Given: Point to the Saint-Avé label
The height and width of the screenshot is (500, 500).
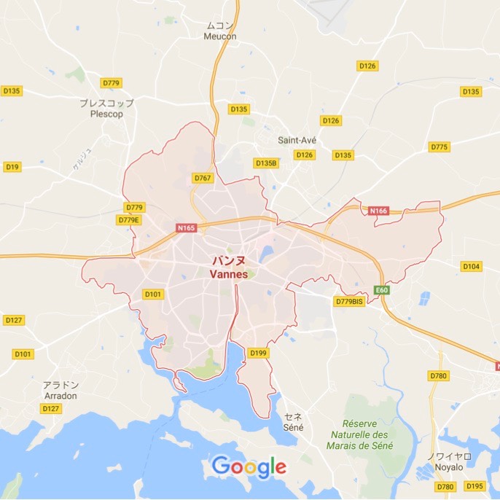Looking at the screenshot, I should pyautogui.click(x=296, y=139).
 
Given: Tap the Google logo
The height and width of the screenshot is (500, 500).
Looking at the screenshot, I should pyautogui.click(x=249, y=466).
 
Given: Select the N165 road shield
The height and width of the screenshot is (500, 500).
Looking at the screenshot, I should pyautogui.click(x=187, y=228).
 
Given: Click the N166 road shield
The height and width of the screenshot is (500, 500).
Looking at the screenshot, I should pyautogui.click(x=379, y=211).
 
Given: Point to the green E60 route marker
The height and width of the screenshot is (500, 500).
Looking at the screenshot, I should pyautogui.click(x=380, y=290).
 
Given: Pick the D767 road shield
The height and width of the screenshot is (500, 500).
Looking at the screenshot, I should pyautogui.click(x=203, y=178).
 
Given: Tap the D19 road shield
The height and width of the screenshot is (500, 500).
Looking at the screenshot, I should pyautogui.click(x=12, y=167).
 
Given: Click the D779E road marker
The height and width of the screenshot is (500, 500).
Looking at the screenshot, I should pyautogui.click(x=128, y=219).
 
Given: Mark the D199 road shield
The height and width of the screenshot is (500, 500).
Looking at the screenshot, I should pyautogui.click(x=257, y=353).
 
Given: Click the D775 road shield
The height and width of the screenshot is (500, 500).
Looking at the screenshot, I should pyautogui.click(x=439, y=147).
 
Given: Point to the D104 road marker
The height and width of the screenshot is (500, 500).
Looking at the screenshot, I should pyautogui.click(x=471, y=266).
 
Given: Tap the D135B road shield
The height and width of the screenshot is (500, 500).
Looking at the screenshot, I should pyautogui.click(x=266, y=163).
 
